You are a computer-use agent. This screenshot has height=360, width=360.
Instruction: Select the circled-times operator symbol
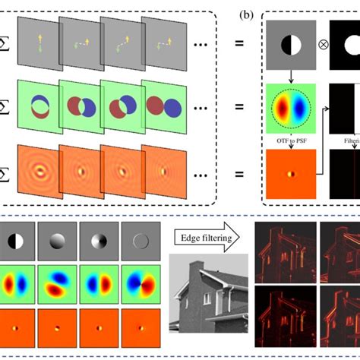324,45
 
